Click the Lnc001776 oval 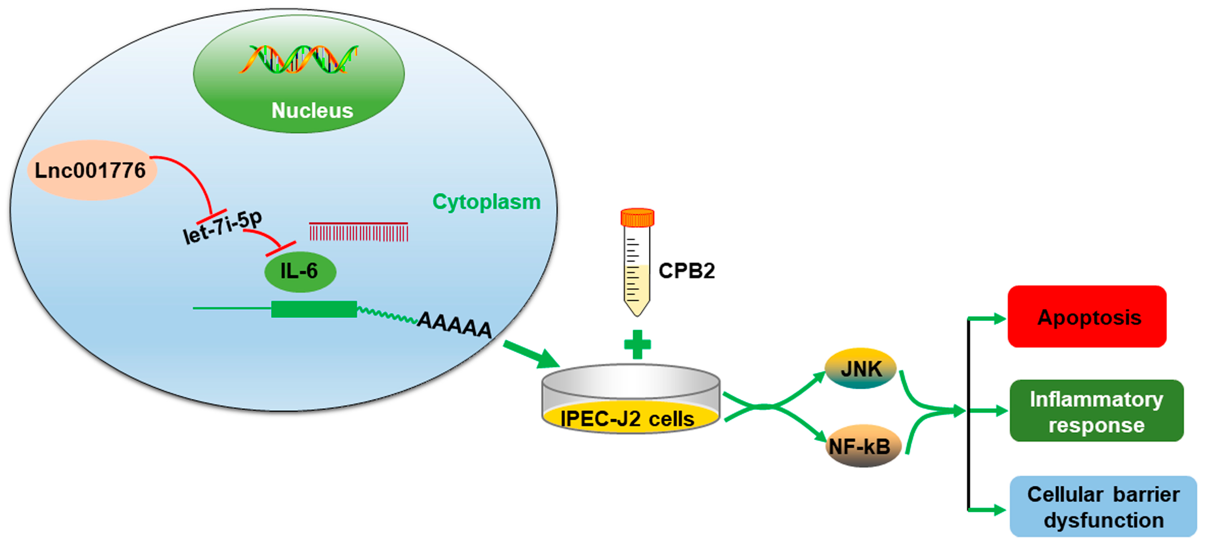point(92,170)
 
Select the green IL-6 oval point(300,271)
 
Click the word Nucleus point(312,111)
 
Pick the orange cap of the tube point(637,218)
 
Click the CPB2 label point(686,271)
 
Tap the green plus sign point(637,344)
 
